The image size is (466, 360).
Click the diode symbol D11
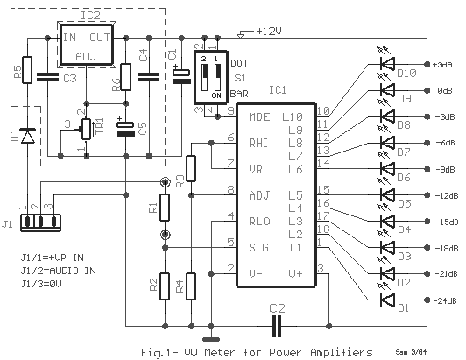(x=26, y=136)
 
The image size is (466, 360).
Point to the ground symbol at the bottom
(x=209, y=339)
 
